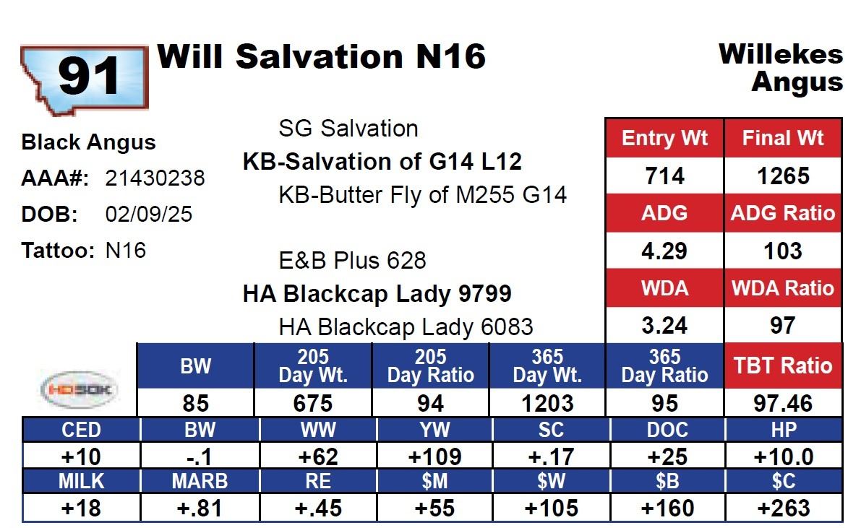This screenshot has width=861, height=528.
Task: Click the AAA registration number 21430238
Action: coord(155,178)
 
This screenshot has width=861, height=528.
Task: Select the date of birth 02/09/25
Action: coord(148,215)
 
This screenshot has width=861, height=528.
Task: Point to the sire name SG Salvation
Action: coord(348,129)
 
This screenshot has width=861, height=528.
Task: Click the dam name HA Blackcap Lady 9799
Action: coord(377,294)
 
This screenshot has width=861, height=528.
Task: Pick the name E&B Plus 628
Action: coord(352,260)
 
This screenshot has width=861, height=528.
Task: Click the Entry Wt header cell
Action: coord(664,138)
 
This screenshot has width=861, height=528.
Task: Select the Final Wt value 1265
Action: coord(783,176)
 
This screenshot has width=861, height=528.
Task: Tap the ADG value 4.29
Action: coord(664,251)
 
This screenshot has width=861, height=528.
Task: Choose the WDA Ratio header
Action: coord(783,288)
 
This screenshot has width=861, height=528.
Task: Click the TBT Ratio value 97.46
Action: coord(783,403)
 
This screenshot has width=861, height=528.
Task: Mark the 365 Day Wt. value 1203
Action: coord(548,403)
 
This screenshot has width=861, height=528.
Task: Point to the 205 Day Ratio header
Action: coord(431,366)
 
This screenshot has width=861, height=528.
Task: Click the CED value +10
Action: coord(82,456)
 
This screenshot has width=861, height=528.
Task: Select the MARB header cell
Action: coord(200,481)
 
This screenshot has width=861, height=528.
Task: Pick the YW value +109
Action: coord(434,456)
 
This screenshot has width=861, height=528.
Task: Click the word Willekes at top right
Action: coord(781,54)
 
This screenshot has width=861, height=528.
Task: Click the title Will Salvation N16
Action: coord(322,56)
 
